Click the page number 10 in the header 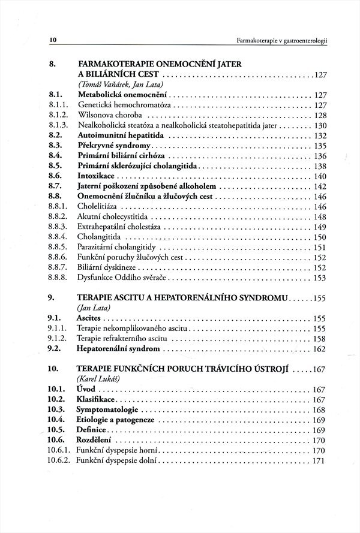point(53,40)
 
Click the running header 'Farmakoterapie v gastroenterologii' point(286,41)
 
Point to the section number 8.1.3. point(58,125)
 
